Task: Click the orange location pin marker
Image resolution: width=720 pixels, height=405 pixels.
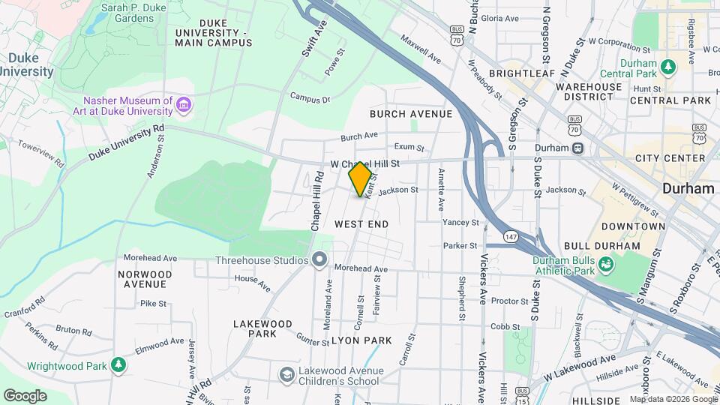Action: [360, 179]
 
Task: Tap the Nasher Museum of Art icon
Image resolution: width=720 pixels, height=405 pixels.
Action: [184, 106]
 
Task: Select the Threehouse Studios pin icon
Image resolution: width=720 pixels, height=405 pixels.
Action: [320, 260]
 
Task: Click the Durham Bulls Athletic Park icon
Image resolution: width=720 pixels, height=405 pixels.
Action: [605, 265]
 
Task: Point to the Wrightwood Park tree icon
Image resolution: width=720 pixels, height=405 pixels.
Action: [118, 366]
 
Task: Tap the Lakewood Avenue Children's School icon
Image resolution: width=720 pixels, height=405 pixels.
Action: [286, 374]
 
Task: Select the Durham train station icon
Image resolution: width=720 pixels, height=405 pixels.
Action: [577, 148]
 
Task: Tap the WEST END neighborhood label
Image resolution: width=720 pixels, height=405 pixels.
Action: [361, 224]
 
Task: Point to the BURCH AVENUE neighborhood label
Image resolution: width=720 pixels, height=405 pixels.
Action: [411, 114]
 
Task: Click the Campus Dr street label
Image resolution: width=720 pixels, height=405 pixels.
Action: [310, 98]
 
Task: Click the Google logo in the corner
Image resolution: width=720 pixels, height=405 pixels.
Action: [25, 395]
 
